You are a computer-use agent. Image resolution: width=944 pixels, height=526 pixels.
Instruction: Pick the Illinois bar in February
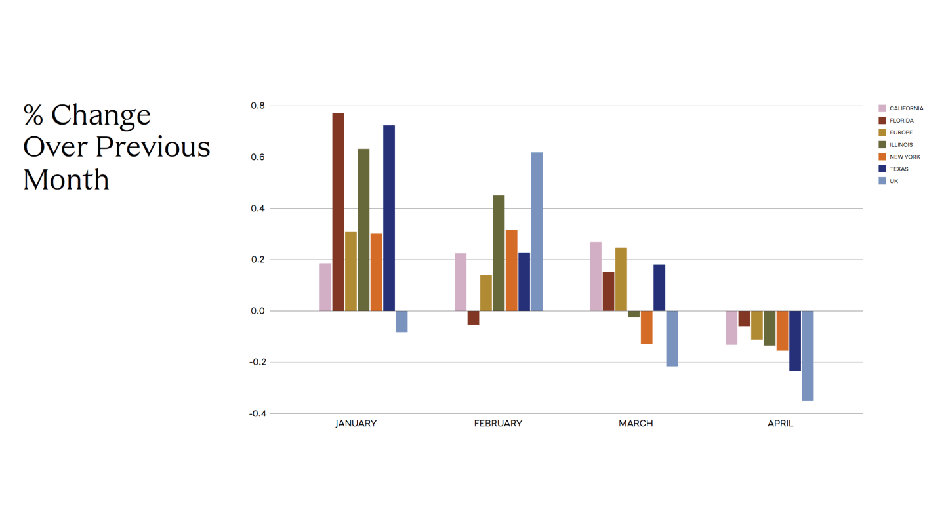pyautogui.click(x=499, y=253)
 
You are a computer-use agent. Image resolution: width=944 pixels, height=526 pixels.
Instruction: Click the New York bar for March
pyautogui.click(x=646, y=327)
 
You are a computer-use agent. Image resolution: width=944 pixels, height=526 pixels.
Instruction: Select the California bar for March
pyautogui.click(x=596, y=276)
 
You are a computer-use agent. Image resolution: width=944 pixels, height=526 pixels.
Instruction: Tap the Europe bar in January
pyautogui.click(x=351, y=271)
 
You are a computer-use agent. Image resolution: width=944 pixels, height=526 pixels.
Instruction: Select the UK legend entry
pyautogui.click(x=893, y=181)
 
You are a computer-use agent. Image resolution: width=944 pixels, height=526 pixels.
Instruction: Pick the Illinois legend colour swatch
pyautogui.click(x=882, y=144)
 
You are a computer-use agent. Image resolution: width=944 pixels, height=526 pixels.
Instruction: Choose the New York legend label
pyautogui.click(x=905, y=157)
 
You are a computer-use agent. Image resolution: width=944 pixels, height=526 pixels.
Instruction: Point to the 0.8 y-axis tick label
pyautogui.click(x=257, y=106)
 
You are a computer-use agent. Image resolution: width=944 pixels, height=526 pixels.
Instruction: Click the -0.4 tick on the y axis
pyautogui.click(x=257, y=414)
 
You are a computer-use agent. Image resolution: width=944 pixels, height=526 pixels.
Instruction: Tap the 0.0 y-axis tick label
pyautogui.click(x=257, y=311)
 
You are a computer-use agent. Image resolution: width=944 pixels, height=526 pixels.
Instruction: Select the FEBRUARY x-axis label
pyautogui.click(x=498, y=424)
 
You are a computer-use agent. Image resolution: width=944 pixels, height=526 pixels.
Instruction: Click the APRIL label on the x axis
pyautogui.click(x=780, y=424)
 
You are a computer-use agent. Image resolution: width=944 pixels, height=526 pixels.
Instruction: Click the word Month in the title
pyautogui.click(x=66, y=179)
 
